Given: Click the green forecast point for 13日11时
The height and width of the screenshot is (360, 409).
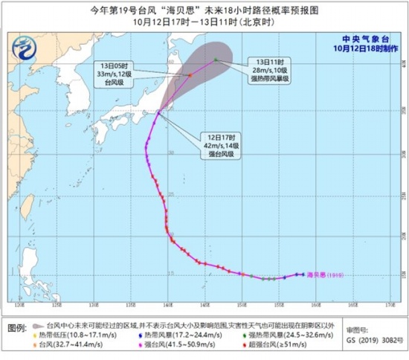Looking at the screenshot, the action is (216, 60).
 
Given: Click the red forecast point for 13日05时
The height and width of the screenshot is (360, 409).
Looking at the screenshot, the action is (190, 74).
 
